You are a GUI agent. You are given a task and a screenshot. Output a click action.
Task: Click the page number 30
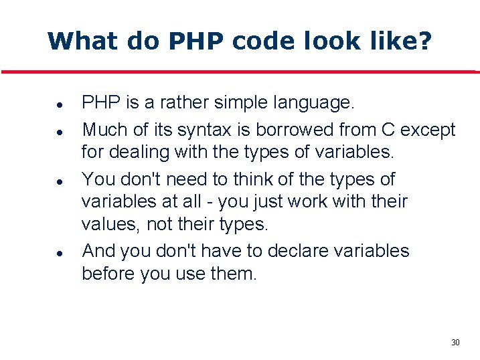click(455, 343)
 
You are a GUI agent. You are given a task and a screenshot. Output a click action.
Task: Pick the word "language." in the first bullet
click(313, 103)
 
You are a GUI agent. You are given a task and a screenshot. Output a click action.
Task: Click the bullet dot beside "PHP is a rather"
click(60, 105)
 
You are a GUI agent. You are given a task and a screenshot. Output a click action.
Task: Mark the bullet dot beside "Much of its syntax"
click(60, 131)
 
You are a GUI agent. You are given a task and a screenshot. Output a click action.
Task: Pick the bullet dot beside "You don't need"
click(60, 181)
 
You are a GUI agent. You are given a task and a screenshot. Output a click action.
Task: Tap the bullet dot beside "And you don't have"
click(60, 253)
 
